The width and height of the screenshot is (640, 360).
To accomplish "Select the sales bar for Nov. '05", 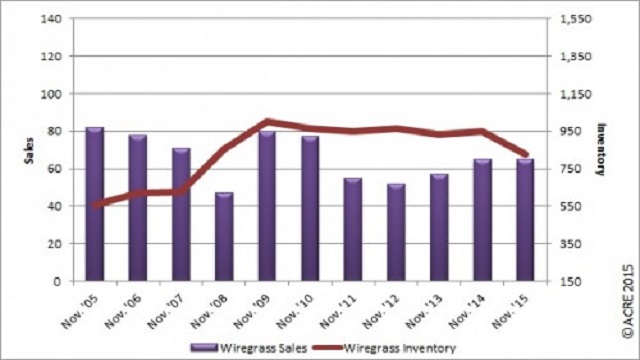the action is tap(95, 204).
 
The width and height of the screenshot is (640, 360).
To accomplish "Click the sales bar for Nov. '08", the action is tap(224, 237).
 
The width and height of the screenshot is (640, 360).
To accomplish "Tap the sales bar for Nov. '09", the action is tap(267, 206).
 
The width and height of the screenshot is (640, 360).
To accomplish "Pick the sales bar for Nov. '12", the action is tap(396, 233).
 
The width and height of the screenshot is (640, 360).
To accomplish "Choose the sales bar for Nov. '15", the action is tap(525, 220).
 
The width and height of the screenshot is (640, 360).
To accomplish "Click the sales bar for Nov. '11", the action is tap(353, 230).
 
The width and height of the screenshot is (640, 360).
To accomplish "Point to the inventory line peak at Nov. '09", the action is tap(267, 121).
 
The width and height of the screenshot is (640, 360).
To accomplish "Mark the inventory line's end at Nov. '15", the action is tap(526, 155).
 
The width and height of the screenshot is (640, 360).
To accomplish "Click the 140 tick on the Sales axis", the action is tap(51, 19).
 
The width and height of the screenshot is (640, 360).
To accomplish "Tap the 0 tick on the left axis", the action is tap(57, 281).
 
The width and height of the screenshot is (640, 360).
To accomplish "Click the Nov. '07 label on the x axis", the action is tap(166, 311).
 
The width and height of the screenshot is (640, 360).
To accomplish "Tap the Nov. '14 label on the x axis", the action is tap(467, 311).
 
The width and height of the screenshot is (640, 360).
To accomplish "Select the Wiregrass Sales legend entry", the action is tap(249, 348).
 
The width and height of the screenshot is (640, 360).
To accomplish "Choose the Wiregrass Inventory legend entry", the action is tap(384, 348).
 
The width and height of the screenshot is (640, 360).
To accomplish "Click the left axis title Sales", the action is tap(29, 151).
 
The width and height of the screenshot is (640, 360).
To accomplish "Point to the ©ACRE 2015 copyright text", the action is tap(628, 302).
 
